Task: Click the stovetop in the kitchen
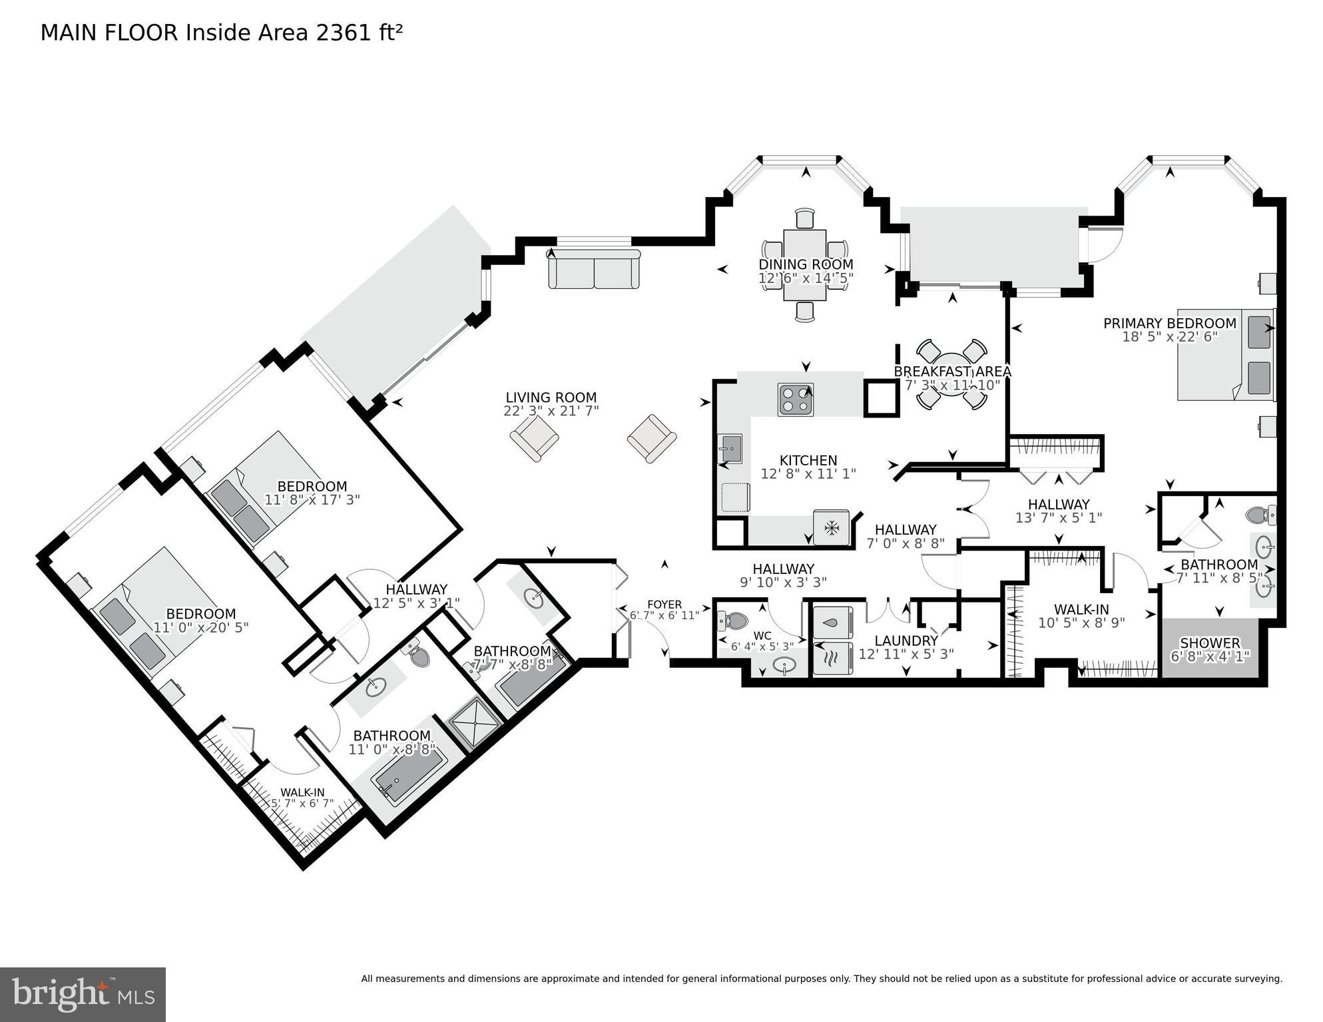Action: coord(796,399)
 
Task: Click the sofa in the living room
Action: coord(594,269)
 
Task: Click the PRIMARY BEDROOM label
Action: coord(1169,324)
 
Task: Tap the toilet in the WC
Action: coord(733,621)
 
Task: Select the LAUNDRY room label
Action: coord(906,640)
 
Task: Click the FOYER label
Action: coord(664,605)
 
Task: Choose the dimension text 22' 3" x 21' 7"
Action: coord(551,411)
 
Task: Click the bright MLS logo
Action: coord(83,994)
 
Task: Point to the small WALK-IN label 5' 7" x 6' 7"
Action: coord(302,803)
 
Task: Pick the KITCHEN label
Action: coord(808,460)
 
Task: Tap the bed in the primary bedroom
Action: coord(1224,354)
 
